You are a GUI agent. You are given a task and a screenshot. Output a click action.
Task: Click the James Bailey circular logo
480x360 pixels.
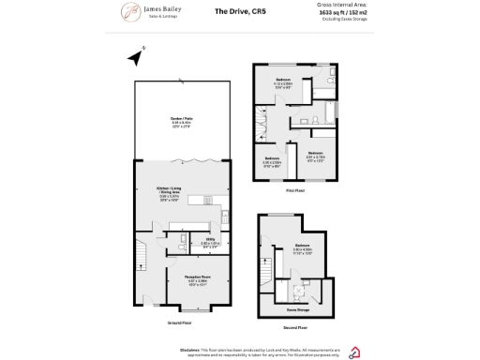click(x=129, y=12)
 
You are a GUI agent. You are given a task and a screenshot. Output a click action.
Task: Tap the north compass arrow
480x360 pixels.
click(x=135, y=58)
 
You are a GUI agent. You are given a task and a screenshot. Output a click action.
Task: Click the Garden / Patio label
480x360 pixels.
click(x=182, y=120)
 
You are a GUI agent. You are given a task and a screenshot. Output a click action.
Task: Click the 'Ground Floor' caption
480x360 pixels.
click(x=179, y=322)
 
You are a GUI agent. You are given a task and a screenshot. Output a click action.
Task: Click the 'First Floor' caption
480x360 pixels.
click(x=298, y=189)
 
